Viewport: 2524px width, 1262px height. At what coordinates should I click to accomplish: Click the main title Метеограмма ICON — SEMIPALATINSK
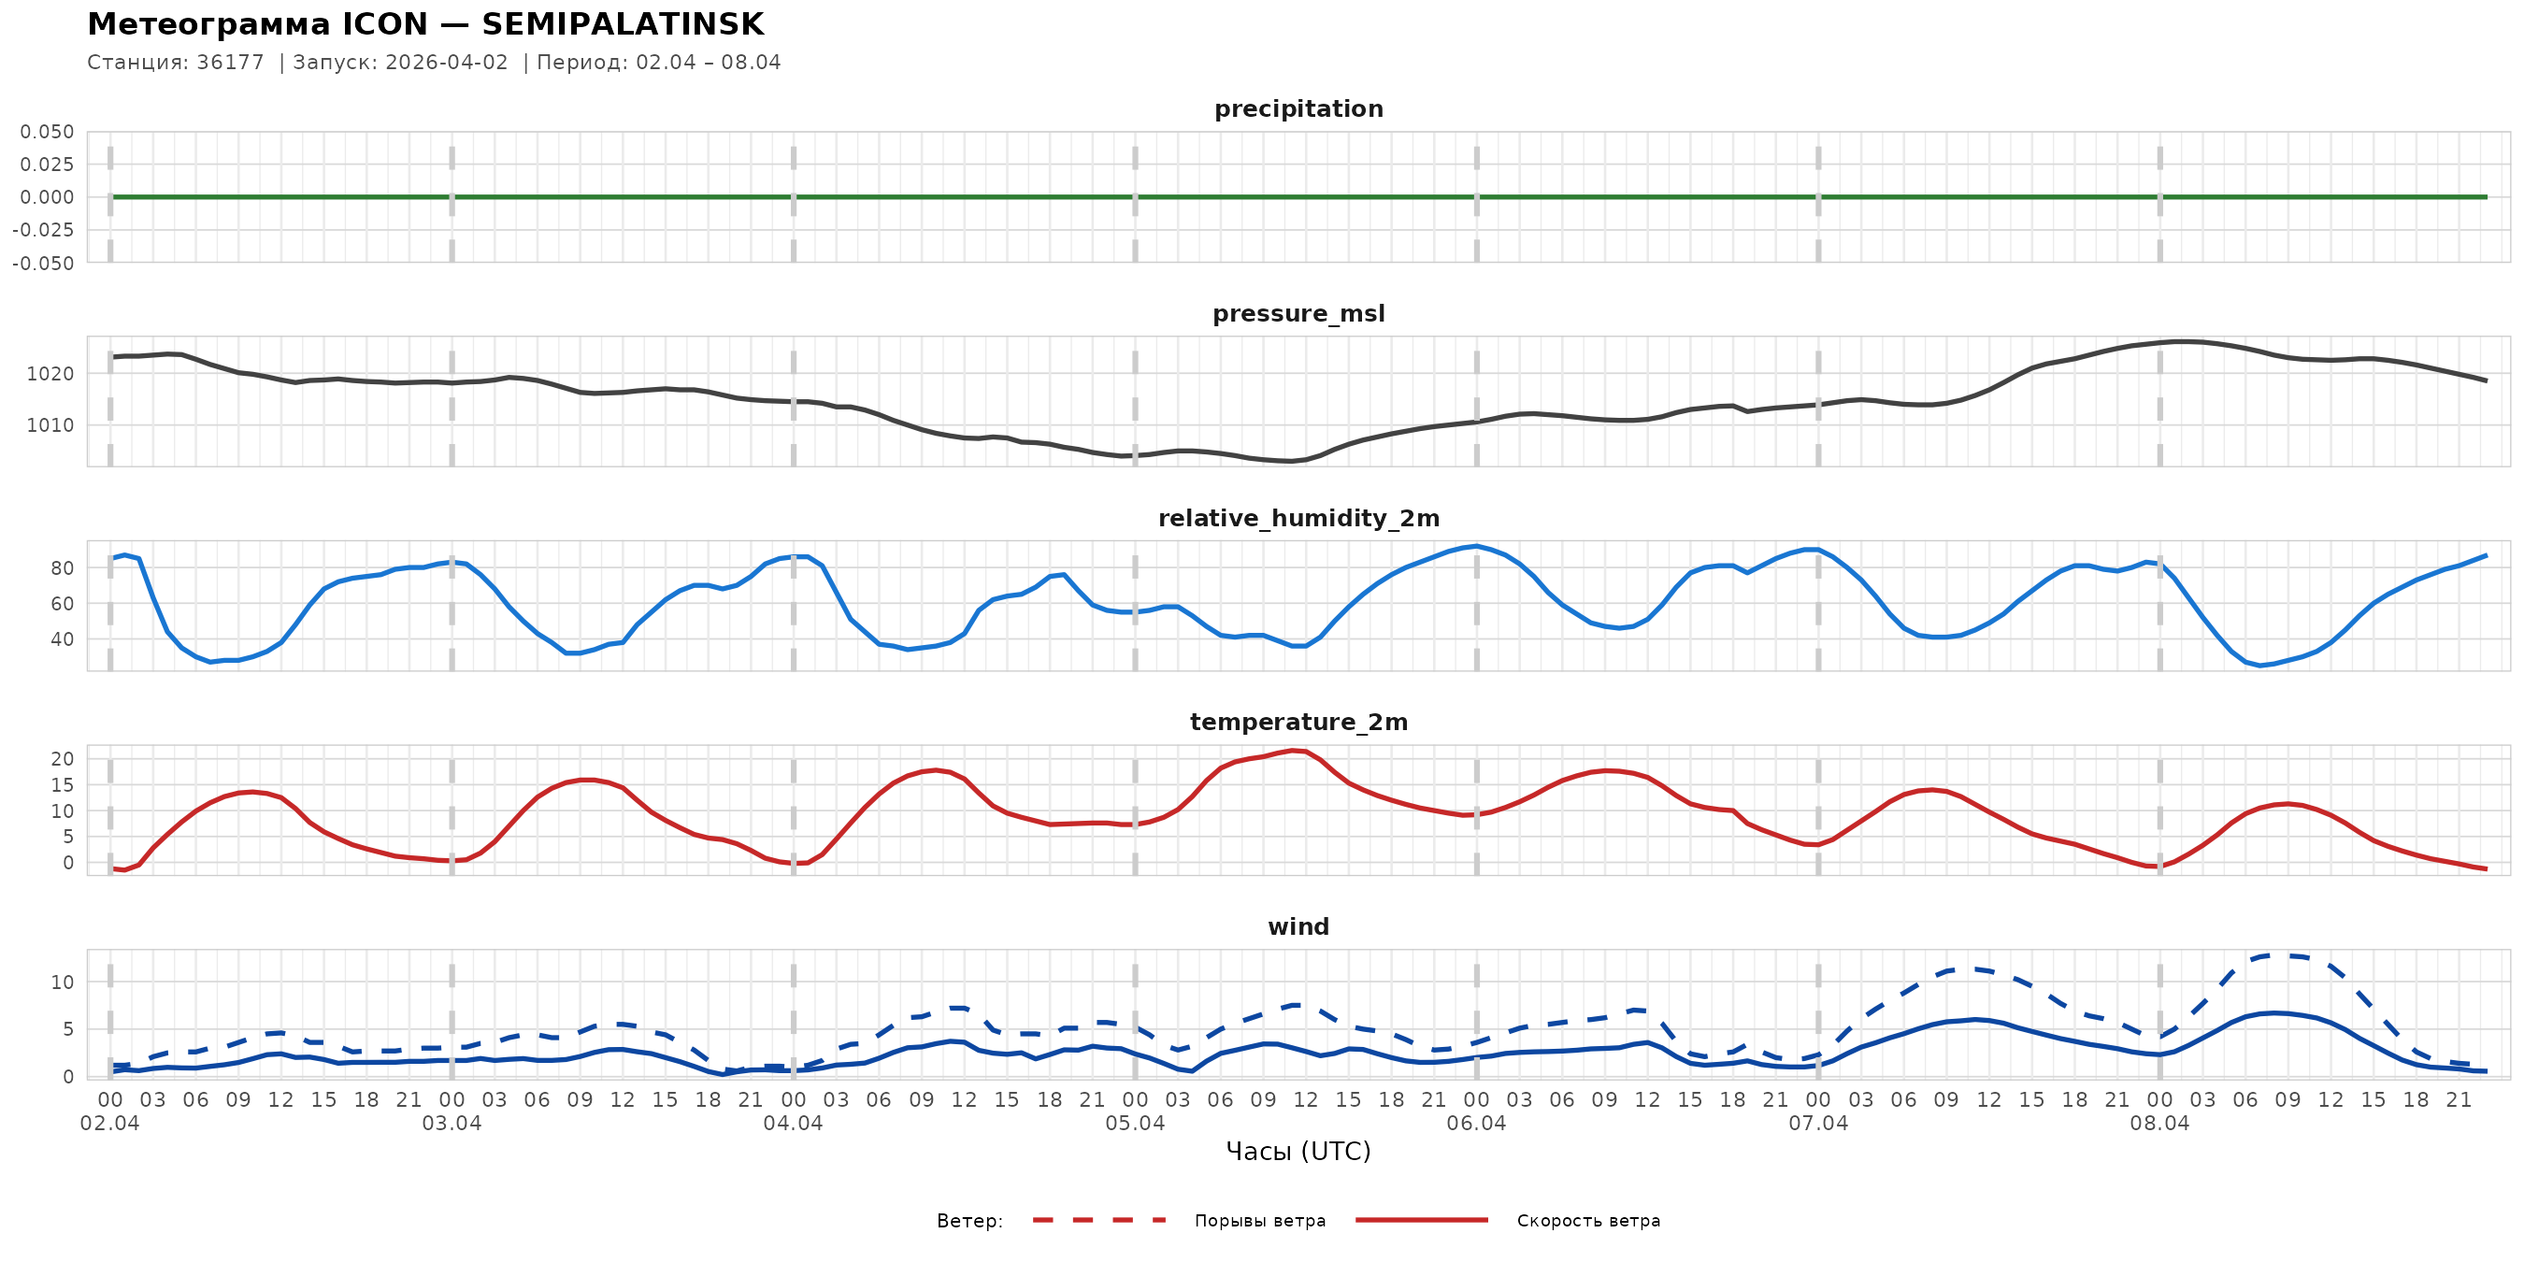[425, 24]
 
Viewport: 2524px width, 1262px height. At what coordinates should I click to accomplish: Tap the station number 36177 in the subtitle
[230, 63]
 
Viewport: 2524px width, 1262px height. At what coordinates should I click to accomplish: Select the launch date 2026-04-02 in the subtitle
[447, 63]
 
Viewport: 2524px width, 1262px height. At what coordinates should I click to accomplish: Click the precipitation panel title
[1298, 108]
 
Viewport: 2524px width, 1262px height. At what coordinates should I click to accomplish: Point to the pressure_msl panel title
[1298, 313]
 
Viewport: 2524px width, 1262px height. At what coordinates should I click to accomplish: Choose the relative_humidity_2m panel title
[1298, 518]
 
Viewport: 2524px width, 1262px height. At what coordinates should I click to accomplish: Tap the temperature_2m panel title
[1298, 722]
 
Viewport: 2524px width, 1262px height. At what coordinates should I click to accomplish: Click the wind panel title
[1298, 927]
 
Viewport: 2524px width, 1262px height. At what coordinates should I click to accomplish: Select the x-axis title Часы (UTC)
[1298, 1152]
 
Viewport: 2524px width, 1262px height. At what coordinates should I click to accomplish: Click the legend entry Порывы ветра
[1259, 1221]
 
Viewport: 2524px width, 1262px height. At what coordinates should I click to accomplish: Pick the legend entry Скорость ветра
[1587, 1221]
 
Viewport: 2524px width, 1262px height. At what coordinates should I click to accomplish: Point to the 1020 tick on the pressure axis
[50, 373]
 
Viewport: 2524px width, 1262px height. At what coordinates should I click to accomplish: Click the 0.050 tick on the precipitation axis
[47, 131]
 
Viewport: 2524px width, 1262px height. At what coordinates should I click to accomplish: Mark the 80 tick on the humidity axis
[62, 568]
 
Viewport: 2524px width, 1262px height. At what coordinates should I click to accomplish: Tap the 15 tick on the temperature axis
[62, 785]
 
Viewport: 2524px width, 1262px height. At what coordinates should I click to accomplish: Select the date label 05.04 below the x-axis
[1135, 1124]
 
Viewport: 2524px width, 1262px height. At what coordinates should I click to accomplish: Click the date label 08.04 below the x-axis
[2159, 1124]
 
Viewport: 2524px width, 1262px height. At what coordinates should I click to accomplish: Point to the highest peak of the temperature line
[1296, 751]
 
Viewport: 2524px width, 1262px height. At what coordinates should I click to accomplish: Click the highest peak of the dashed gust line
[2281, 954]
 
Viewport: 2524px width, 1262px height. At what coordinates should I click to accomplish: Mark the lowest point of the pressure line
[1291, 462]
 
